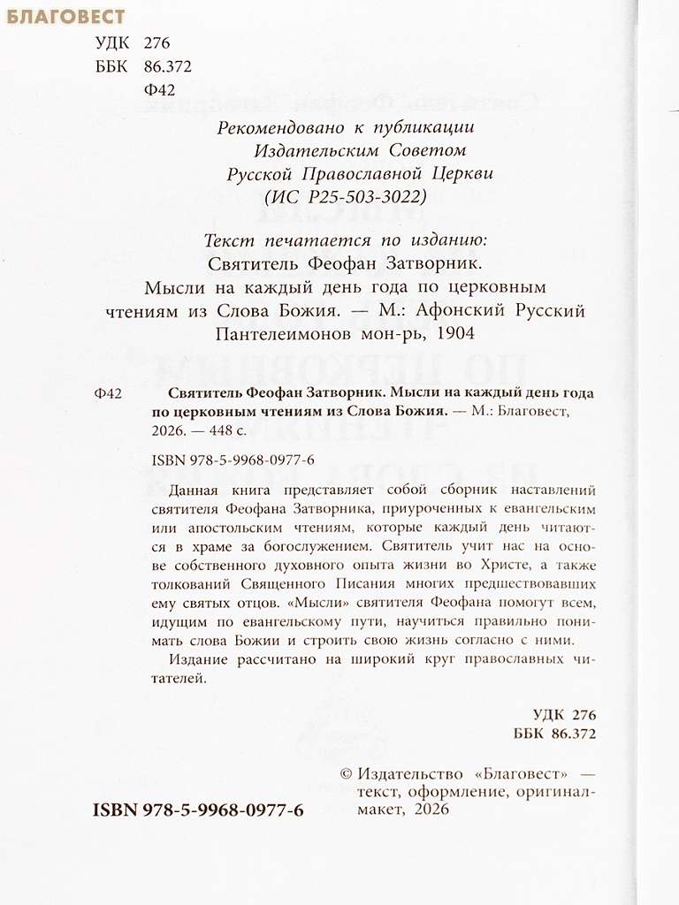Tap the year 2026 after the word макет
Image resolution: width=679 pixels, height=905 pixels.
coord(429,810)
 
